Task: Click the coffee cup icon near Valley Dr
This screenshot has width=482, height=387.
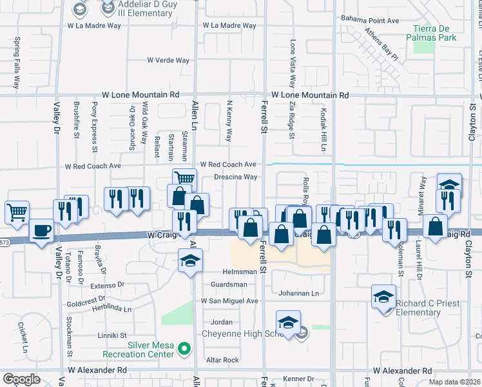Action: pyautogui.click(x=42, y=230)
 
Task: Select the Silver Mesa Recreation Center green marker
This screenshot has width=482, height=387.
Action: pyautogui.click(x=184, y=350)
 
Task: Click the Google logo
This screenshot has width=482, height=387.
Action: pyautogui.click(x=21, y=379)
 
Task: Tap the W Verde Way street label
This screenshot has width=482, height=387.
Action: pyautogui.click(x=168, y=61)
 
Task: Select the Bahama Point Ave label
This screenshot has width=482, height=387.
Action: pyautogui.click(x=371, y=21)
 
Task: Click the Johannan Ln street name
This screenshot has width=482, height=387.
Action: pyautogui.click(x=298, y=293)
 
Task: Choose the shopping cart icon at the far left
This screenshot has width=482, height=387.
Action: pyautogui.click(x=17, y=211)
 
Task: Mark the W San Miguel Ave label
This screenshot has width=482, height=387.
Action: pyautogui.click(x=229, y=301)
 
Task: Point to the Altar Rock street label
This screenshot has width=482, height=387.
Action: pyautogui.click(x=222, y=360)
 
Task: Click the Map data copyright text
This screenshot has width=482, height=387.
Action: pyautogui.click(x=455, y=382)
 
